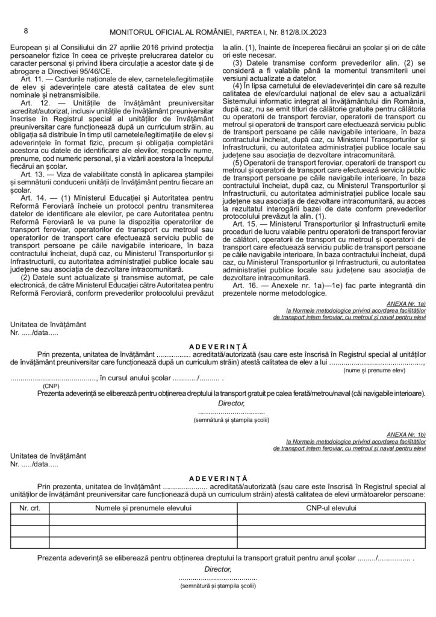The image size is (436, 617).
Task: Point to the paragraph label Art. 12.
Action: click(x=31, y=104)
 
